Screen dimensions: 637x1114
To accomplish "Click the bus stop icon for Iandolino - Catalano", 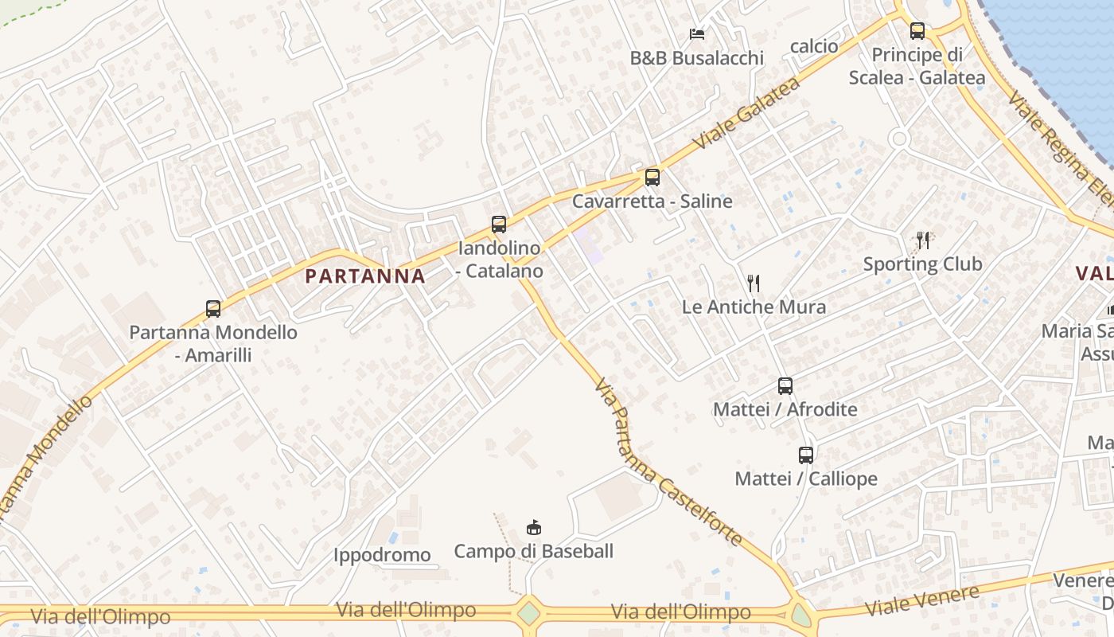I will (499, 225).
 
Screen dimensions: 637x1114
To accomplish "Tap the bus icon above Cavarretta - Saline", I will (652, 178).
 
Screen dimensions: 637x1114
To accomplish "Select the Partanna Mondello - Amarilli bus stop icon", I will (213, 309).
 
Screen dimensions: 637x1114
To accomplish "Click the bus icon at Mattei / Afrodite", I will (785, 386).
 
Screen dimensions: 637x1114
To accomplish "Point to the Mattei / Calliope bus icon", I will (806, 455).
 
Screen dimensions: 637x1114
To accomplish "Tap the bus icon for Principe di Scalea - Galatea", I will (917, 31).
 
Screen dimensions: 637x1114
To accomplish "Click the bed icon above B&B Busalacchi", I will (697, 34).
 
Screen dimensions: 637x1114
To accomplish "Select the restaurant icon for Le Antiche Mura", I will (754, 283).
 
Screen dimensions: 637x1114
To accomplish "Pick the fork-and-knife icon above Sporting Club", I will (923, 240).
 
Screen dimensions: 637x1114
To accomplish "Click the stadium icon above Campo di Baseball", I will (534, 527).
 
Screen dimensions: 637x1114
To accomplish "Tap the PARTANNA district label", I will (365, 276).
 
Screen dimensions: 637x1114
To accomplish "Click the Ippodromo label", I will (382, 555).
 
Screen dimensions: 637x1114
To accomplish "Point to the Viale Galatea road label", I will (746, 113).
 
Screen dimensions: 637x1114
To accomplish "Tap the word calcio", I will (814, 46).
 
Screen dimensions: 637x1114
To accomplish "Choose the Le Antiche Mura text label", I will (754, 307).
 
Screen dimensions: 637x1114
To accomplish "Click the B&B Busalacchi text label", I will (697, 58).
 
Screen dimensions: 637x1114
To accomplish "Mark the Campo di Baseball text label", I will (534, 551).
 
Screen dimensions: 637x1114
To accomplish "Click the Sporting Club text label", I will (923, 264).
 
